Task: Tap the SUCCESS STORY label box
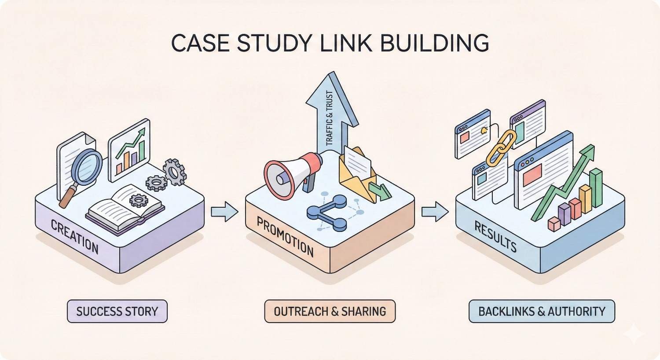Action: pos(117,312)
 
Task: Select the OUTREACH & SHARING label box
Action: pos(330,312)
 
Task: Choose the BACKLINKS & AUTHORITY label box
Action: pos(542,312)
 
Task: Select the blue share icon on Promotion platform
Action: pos(328,213)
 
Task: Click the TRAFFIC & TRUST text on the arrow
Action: pos(329,119)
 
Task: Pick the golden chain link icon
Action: pos(502,147)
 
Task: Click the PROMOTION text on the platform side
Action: pos(285,238)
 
